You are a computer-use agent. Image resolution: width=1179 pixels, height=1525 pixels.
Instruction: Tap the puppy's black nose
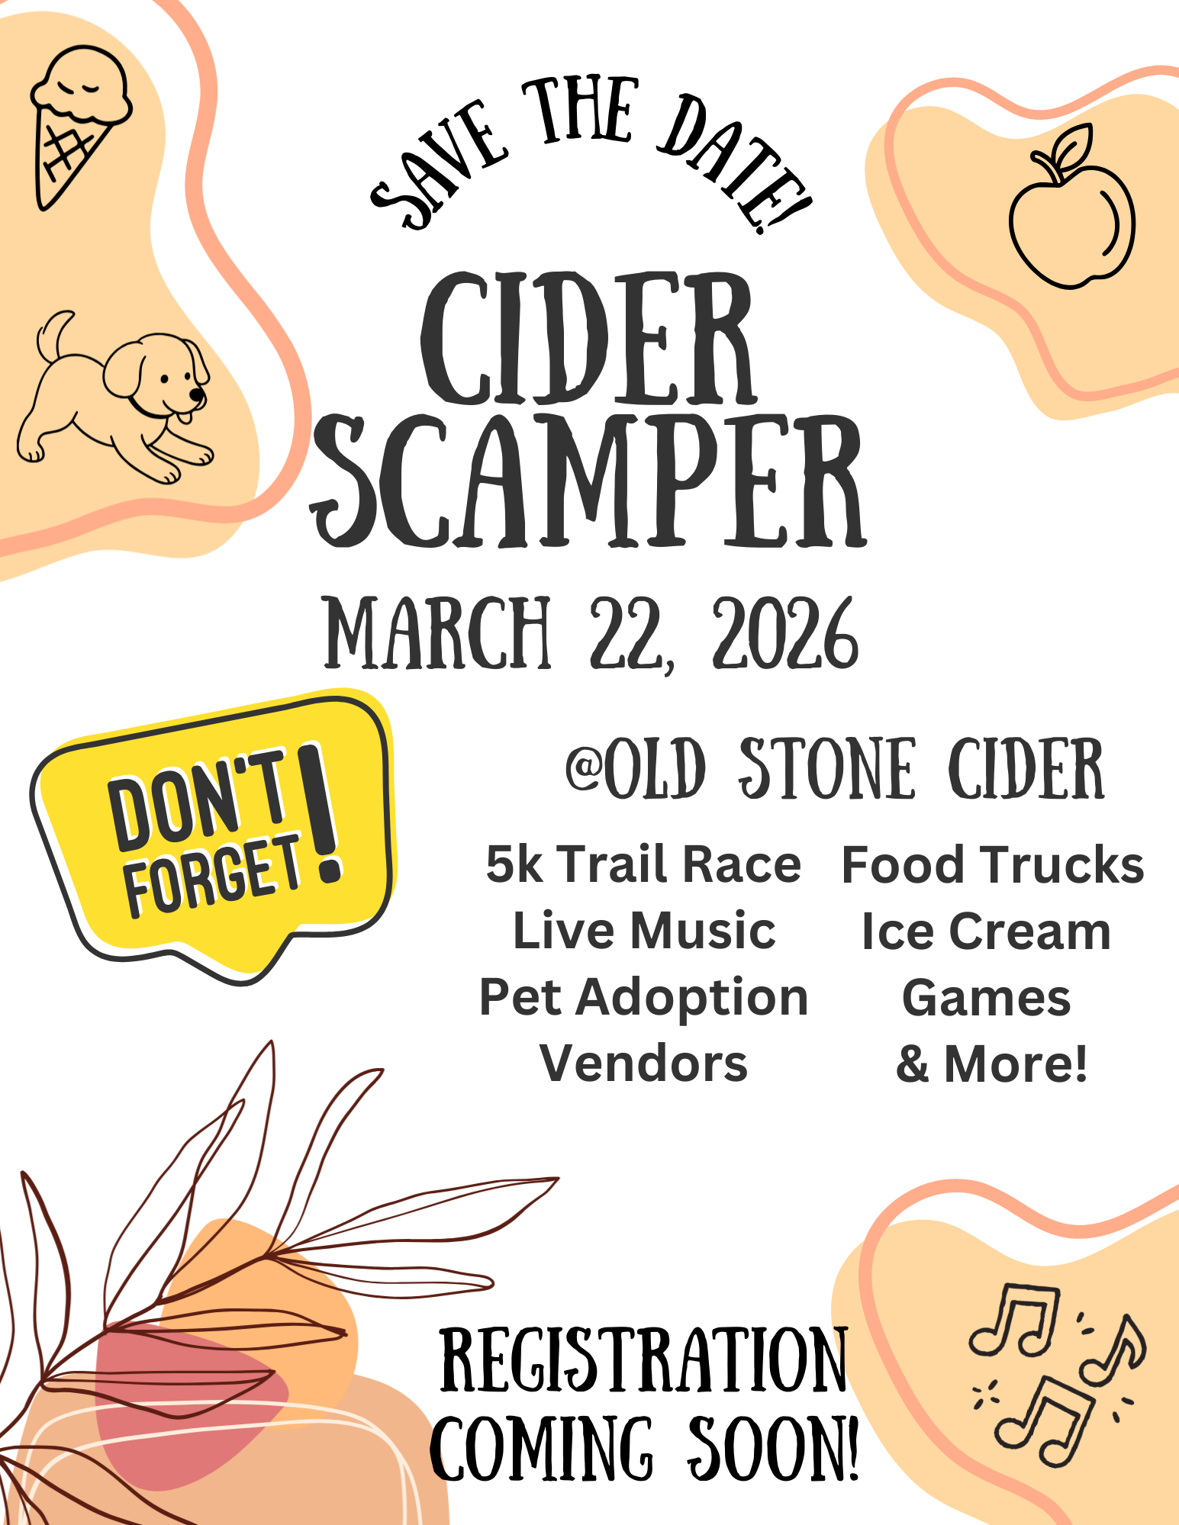[x=197, y=394]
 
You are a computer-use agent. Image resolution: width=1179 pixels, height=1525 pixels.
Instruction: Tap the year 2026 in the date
[x=785, y=633]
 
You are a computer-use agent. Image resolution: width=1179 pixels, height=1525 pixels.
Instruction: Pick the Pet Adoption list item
[x=643, y=997]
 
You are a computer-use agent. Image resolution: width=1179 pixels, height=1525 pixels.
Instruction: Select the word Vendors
[x=643, y=1063]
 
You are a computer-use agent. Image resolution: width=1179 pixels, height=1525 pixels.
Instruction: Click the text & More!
[x=991, y=1063]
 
